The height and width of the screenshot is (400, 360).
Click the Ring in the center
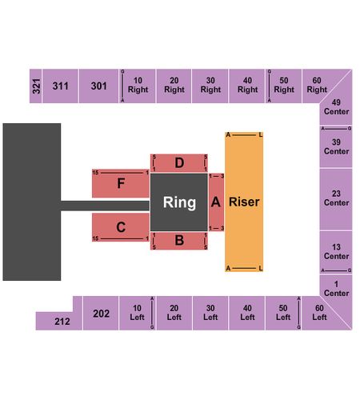(179, 202)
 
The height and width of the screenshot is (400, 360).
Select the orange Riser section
(244, 202)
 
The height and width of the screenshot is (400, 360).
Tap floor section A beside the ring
(216, 202)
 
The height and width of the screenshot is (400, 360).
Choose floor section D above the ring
(179, 163)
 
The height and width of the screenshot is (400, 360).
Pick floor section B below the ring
(179, 241)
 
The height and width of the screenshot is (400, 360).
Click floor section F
(121, 183)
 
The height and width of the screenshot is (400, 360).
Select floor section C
(121, 227)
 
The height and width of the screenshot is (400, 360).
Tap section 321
(35, 86)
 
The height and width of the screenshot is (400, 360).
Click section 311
(60, 86)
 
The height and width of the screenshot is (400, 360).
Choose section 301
(98, 86)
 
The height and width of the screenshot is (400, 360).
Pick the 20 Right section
(174, 86)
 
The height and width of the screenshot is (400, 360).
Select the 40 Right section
(247, 86)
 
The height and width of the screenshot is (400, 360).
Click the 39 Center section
(336, 146)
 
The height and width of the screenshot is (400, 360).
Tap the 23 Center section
(336, 199)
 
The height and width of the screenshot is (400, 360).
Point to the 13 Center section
(336, 252)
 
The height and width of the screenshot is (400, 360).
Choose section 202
(101, 313)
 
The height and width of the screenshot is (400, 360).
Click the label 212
(62, 322)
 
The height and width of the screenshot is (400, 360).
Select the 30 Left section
(210, 313)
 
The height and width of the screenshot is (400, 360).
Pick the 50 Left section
(283, 313)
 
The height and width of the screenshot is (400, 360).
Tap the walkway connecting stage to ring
(105, 206)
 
